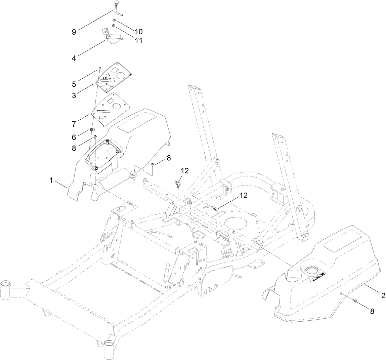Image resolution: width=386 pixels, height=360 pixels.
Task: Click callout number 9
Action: point(74,32)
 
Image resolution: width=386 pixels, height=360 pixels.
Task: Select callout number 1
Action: point(51,180)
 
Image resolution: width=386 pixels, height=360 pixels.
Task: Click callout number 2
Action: point(383,295)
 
